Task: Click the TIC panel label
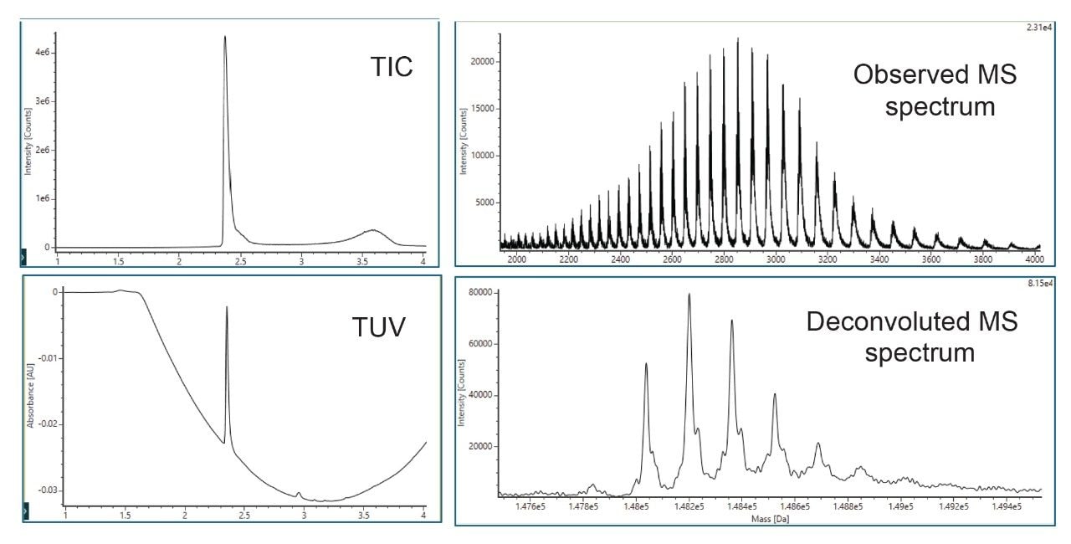coord(392,67)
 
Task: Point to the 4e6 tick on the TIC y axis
coord(41,53)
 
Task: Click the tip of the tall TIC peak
coord(224,37)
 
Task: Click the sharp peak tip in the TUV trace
coord(227,307)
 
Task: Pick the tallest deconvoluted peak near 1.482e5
coord(689,295)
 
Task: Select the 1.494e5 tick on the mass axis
coord(1006,507)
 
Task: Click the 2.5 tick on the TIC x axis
coord(240,261)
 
